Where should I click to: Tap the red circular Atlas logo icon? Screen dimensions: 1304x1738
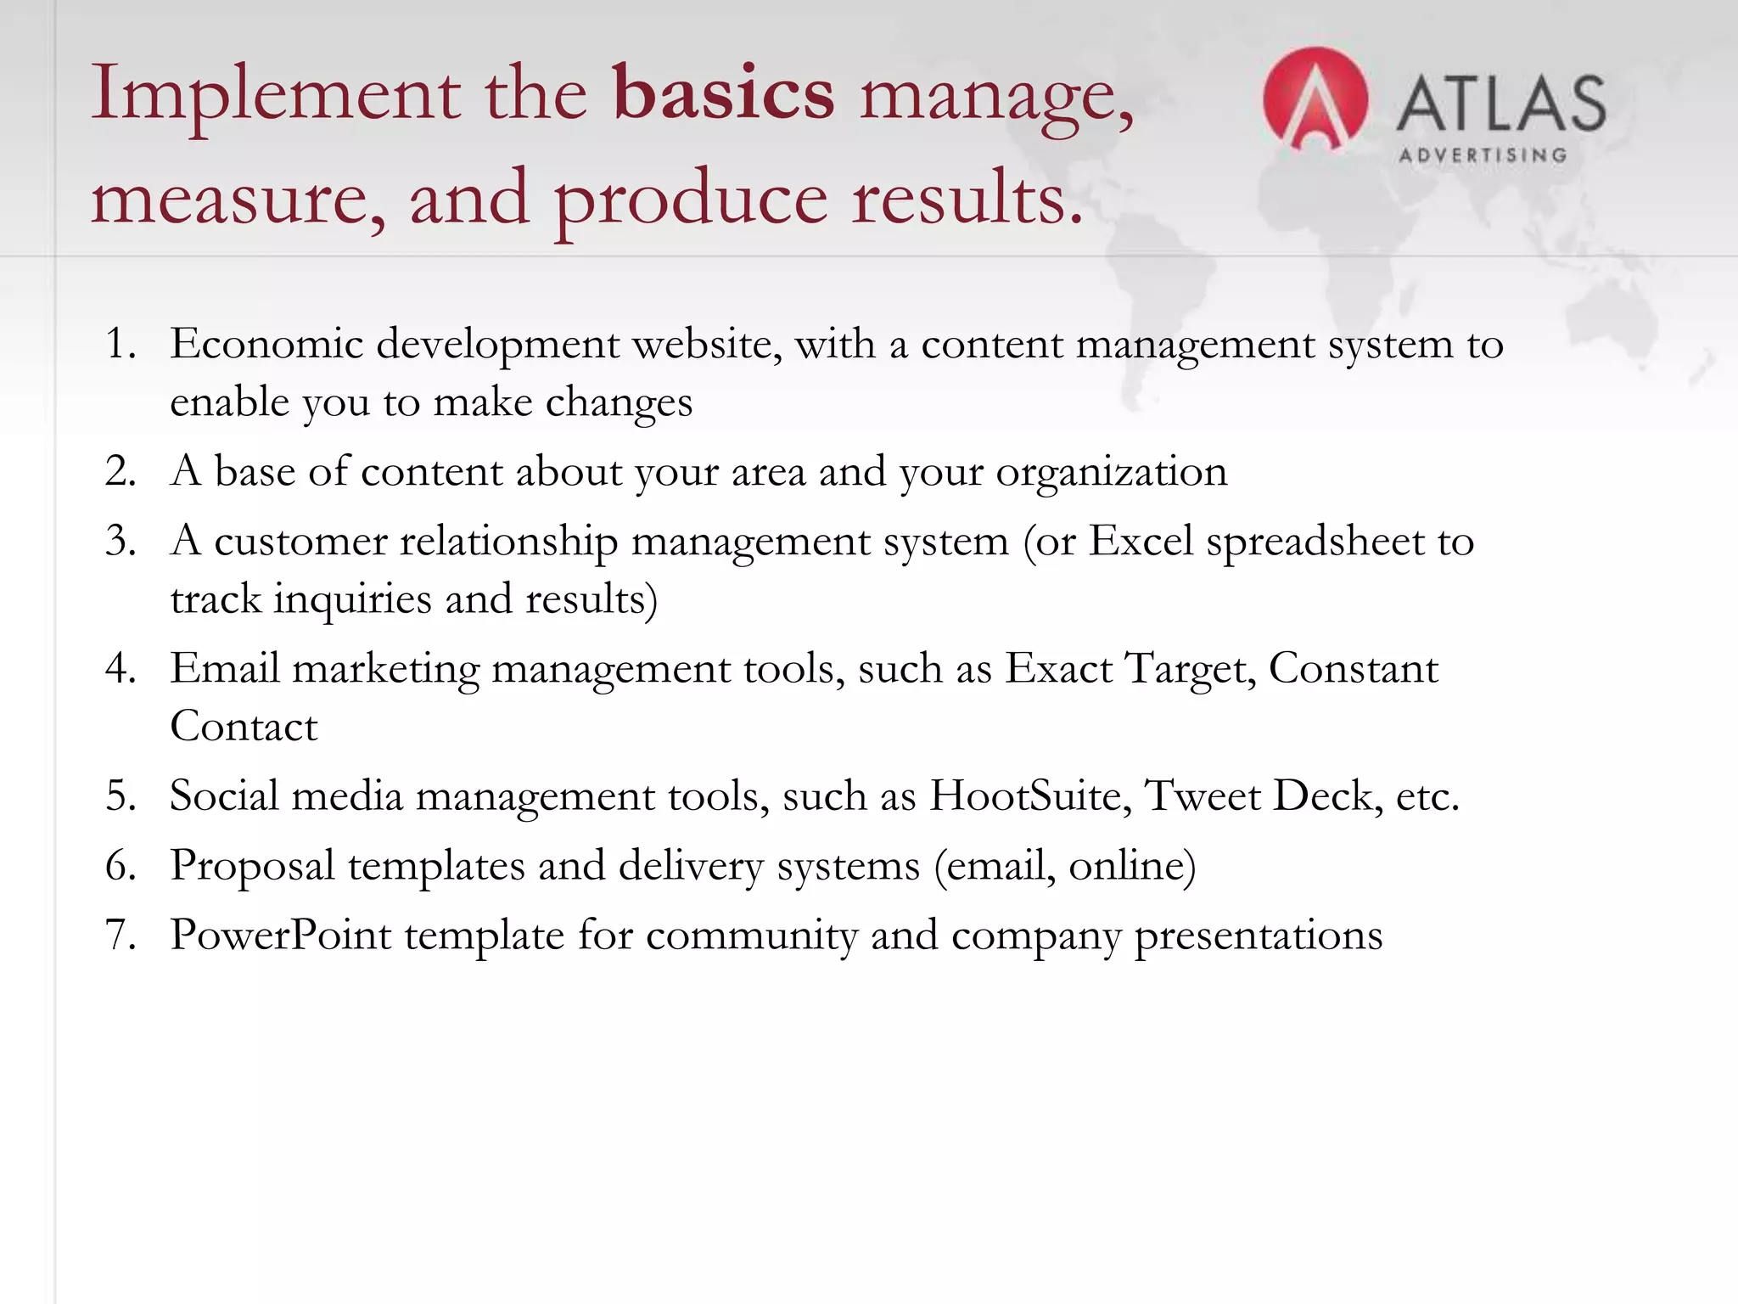[1315, 100]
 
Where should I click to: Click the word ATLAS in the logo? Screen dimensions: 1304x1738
[1500, 104]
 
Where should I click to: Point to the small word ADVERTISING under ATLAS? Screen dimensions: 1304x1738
[1482, 155]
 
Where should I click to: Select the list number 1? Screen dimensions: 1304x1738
[121, 345]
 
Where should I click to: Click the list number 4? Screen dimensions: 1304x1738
[121, 669]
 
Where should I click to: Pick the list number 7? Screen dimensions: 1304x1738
[121, 936]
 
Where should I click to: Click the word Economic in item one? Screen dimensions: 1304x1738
[266, 345]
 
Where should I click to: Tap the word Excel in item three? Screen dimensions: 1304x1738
[1141, 542]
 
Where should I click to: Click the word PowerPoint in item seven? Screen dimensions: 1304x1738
[280, 936]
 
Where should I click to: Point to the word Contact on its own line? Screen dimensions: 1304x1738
[244, 727]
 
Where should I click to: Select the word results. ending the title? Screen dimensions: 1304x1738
[967, 199]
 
